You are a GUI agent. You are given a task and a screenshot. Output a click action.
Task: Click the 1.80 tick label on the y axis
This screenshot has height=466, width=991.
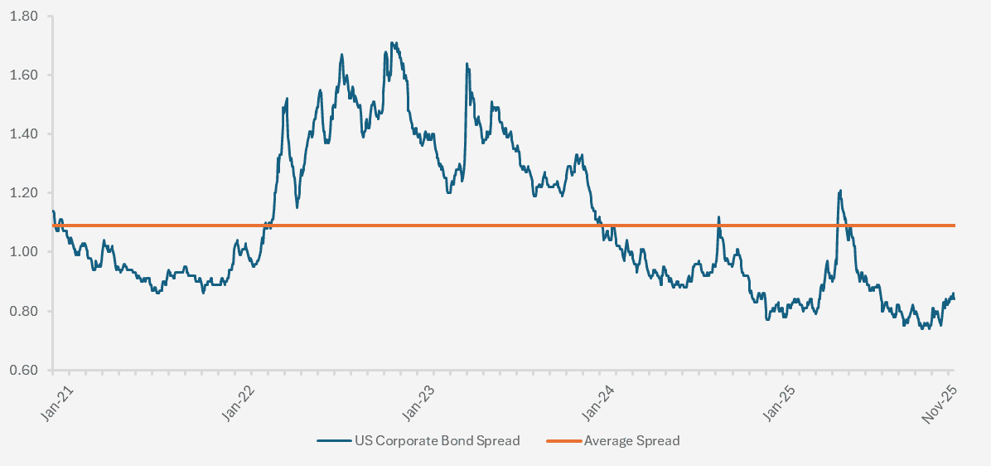coord(26,16)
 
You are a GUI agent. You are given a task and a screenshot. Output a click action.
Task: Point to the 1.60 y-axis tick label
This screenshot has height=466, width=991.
coord(26,75)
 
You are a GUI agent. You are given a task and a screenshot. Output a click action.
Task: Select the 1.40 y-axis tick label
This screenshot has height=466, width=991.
coord(26,133)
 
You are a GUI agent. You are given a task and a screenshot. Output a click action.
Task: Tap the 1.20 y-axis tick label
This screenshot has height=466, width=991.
coord(26,193)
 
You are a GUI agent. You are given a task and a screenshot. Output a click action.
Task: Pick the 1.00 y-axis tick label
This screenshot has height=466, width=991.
coord(26,252)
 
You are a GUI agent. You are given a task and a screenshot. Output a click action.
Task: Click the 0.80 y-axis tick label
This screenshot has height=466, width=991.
coord(26,311)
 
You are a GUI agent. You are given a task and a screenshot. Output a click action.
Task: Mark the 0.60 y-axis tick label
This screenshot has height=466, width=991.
coord(26,370)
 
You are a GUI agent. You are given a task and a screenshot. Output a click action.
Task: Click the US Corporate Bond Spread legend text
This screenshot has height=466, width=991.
coord(437,441)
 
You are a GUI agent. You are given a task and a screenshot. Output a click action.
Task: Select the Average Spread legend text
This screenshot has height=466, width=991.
coord(631,441)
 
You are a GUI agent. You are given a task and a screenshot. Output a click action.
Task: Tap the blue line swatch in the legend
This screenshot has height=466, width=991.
coord(334,441)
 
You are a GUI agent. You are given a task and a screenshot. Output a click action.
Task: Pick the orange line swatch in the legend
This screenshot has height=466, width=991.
coord(563,441)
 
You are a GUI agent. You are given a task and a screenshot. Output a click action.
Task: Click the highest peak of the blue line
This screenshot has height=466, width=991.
coord(392,43)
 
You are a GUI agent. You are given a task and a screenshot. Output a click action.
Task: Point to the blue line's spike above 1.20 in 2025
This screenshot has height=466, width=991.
coord(840,192)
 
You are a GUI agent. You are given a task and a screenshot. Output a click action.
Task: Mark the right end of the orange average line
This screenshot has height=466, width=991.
coord(955,225)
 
